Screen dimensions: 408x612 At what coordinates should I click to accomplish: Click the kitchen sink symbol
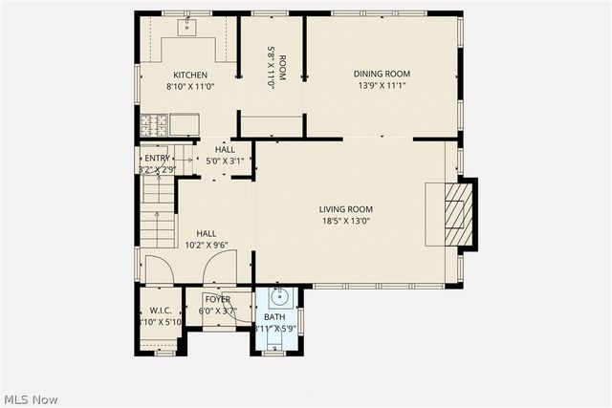pos(186,27)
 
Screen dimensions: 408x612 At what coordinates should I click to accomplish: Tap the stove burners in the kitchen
pos(155,123)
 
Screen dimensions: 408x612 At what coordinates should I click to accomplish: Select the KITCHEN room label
pos(189,75)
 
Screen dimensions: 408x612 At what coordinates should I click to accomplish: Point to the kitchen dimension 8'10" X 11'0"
pos(189,87)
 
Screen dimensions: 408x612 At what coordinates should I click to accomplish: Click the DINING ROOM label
pos(382,74)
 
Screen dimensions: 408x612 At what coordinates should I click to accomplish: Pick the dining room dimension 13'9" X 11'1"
pos(382,85)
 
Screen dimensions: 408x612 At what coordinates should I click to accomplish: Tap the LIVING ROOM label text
pos(346,209)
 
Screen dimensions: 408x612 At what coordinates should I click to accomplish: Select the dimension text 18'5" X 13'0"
pos(346,221)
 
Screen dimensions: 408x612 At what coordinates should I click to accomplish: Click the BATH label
pos(274,317)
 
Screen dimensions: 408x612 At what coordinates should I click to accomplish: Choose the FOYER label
pos(217,299)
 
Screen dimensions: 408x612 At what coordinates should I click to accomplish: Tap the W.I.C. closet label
pos(159,311)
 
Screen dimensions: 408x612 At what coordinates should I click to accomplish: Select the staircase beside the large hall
pos(159,215)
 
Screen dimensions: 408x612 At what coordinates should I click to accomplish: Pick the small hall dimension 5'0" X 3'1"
pos(225,161)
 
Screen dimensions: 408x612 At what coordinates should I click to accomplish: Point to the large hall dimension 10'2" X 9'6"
pos(207,245)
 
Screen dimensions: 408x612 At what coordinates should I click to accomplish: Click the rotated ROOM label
pos(271,68)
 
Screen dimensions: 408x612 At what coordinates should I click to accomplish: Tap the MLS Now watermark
pos(31,397)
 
